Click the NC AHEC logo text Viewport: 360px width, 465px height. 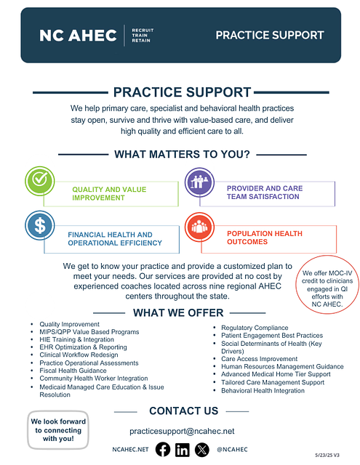point(78,36)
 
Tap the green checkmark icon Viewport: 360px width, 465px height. point(40,181)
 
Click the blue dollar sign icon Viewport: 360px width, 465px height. point(40,225)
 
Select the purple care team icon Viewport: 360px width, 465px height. point(199,182)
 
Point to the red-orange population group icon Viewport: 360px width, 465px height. point(199,227)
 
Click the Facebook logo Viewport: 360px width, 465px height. point(163,449)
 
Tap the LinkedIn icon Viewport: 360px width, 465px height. point(183,450)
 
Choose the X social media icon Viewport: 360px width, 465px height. point(201,450)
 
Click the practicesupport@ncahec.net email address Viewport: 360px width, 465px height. point(182,431)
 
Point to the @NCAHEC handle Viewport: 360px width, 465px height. point(232,450)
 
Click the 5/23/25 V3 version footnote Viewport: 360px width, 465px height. point(327,456)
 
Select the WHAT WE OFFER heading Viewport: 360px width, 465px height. point(178,313)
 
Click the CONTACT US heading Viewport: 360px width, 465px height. point(184,411)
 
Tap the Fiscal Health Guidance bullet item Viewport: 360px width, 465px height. point(73,371)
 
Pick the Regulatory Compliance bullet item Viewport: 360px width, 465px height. point(255,328)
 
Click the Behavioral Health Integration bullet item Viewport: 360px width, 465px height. point(263,391)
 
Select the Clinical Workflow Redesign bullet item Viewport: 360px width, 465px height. point(79,355)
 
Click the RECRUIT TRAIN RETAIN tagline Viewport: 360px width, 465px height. point(143,36)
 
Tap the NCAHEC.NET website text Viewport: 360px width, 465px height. point(130,450)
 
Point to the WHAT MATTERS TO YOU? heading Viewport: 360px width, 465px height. point(183,155)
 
